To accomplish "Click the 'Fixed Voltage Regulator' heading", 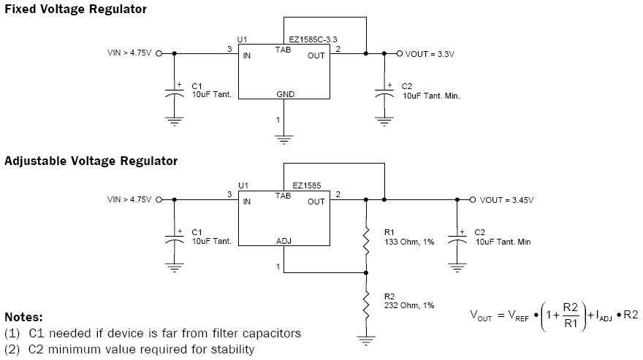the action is tap(75, 9).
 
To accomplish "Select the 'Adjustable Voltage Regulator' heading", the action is tap(91, 161).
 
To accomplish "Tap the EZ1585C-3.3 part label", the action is tap(313, 39).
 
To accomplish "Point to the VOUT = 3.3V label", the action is tap(430, 54).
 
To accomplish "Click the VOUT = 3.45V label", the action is tap(506, 200).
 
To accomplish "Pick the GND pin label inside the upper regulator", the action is tap(286, 94).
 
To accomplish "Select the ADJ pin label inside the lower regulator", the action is tap(284, 241).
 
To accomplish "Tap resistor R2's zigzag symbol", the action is tap(366, 305).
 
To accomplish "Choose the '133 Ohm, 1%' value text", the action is tap(409, 242).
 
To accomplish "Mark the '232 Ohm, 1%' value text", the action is tap(409, 305).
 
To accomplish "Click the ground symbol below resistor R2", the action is tap(366, 340).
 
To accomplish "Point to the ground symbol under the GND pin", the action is tap(284, 139).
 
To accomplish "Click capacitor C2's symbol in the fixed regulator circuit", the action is tap(384, 92).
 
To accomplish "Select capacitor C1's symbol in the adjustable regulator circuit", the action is tap(175, 238).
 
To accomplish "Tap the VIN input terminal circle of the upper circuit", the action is tap(159, 53).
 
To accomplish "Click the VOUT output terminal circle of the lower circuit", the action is tap(473, 199).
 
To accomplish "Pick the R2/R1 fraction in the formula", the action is tap(571, 315).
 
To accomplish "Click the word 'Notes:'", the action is tap(24, 317).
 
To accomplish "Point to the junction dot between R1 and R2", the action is tap(366, 272).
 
